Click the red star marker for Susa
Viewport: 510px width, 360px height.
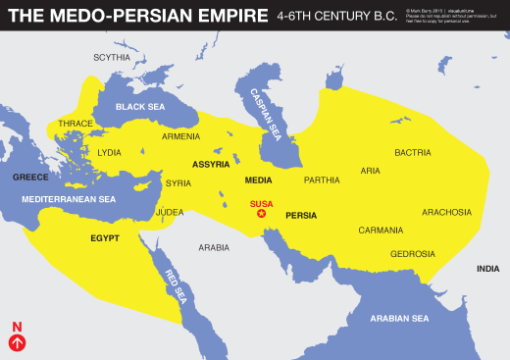[261, 213]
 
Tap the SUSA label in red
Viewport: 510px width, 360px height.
[261, 203]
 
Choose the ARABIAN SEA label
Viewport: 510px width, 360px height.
[400, 319]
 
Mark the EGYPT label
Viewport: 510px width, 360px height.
[105, 237]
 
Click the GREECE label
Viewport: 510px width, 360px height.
[30, 178]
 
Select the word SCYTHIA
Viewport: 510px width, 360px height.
[112, 58]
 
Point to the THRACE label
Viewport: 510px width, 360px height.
[76, 125]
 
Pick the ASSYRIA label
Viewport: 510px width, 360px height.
[212, 164]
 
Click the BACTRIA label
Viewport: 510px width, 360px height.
[413, 152]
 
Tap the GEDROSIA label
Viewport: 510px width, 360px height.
[412, 254]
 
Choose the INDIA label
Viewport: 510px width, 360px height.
[487, 269]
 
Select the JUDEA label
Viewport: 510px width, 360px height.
[170, 212]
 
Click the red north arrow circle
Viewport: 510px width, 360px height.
[17, 342]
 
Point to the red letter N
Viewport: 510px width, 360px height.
[17, 327]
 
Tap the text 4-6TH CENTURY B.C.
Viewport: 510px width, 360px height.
[335, 17]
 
